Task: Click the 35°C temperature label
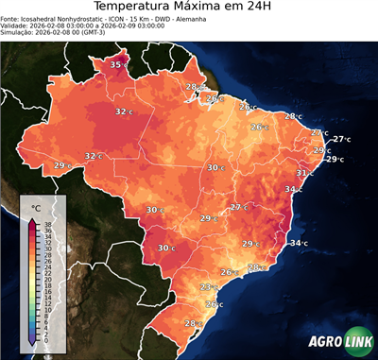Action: pos(117,64)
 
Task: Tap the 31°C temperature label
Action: pos(305,173)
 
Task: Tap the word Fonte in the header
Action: pos(10,18)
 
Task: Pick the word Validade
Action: pos(15,26)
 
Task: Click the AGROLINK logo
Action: pos(342,342)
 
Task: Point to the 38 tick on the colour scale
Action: pos(47,224)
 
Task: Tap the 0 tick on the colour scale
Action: pos(47,340)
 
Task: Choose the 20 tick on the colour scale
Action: pos(47,279)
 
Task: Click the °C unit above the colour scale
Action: pos(36,208)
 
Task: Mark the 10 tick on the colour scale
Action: pos(47,309)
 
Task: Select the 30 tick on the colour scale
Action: pos(47,249)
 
